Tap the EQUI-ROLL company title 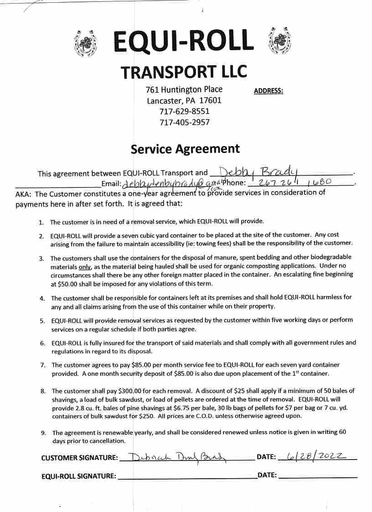pos(183,41)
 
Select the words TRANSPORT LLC pos(184,72)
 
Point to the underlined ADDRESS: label pos(268,91)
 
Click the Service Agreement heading pos(185,149)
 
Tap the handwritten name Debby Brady pos(258,172)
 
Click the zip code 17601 pos(210,100)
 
